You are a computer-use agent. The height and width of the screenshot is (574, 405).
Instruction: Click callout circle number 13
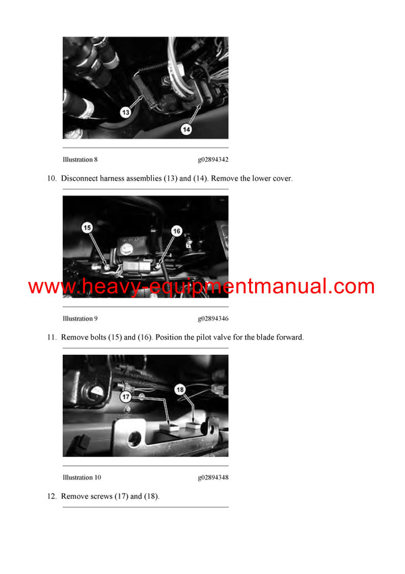126,112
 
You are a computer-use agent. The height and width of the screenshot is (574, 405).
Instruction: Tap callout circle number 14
186,129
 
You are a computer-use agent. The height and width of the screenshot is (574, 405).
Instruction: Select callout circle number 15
87,228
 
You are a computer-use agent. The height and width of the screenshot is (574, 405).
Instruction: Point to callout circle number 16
177,231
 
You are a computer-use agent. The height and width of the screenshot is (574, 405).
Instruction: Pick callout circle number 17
126,396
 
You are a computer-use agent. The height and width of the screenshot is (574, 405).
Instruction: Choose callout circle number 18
180,389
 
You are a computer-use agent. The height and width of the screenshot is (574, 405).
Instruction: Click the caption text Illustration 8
80,160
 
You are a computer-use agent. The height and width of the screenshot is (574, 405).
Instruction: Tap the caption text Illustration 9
80,318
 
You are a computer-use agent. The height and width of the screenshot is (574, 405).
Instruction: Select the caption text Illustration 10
82,477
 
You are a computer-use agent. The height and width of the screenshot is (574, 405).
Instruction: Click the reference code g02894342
213,160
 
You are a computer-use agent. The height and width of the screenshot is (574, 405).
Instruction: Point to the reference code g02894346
213,318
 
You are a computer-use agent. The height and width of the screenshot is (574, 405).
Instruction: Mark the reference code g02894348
213,477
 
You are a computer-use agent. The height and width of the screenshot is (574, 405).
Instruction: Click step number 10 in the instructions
52,178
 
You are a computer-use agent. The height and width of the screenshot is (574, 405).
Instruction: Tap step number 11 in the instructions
52,337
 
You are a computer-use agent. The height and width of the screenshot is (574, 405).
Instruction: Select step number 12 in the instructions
52,496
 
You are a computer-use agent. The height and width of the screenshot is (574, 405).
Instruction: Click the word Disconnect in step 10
80,178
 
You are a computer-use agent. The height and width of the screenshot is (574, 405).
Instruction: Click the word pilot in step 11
204,337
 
